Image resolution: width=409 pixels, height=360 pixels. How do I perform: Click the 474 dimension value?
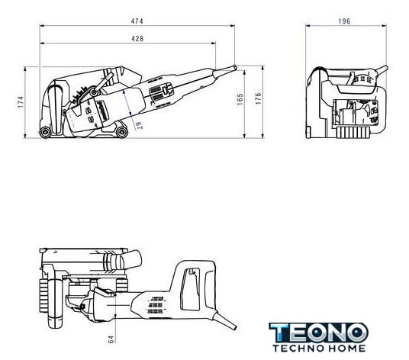tap(137, 21)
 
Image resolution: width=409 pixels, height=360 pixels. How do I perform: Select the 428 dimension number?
tap(137, 39)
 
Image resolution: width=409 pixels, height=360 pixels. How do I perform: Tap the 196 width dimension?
tap(344, 21)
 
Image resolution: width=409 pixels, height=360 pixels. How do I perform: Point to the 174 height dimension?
tap(21, 101)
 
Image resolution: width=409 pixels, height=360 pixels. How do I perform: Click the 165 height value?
tap(240, 99)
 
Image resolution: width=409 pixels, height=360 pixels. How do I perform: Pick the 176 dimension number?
tap(258, 98)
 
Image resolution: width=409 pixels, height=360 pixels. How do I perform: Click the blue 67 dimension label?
tap(139, 125)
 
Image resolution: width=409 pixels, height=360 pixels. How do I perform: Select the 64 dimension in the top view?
tap(111, 339)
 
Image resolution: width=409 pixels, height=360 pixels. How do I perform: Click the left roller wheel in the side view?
tap(45, 132)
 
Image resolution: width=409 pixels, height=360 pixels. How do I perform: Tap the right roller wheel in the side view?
tap(121, 132)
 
